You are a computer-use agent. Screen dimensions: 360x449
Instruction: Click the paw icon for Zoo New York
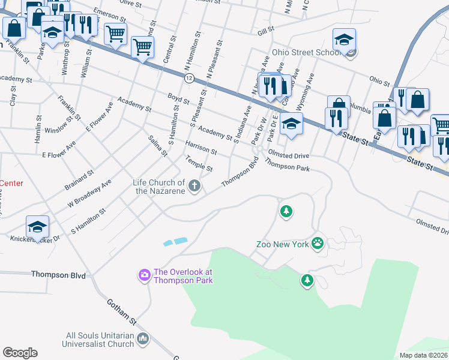pos(318,244)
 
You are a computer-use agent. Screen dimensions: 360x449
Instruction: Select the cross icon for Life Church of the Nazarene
pos(194,187)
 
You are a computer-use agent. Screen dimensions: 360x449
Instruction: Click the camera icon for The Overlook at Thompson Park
pos(145,275)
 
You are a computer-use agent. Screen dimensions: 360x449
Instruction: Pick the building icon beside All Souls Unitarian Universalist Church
pos(143,340)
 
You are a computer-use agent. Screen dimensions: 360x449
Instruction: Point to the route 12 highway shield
pos(189,79)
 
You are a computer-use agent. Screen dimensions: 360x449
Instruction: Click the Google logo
pos(20,353)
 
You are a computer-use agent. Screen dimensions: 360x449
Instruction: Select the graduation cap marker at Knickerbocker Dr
pos(37,227)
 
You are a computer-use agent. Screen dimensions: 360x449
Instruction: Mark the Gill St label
pos(265,29)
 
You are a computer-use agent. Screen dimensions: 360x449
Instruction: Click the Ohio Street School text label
pos(306,52)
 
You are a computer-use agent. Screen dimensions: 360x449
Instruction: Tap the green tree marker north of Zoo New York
pos(287,211)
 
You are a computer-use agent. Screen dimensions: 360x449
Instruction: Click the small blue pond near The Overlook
pos(175,241)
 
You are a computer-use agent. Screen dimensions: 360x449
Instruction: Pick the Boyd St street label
pos(178,97)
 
